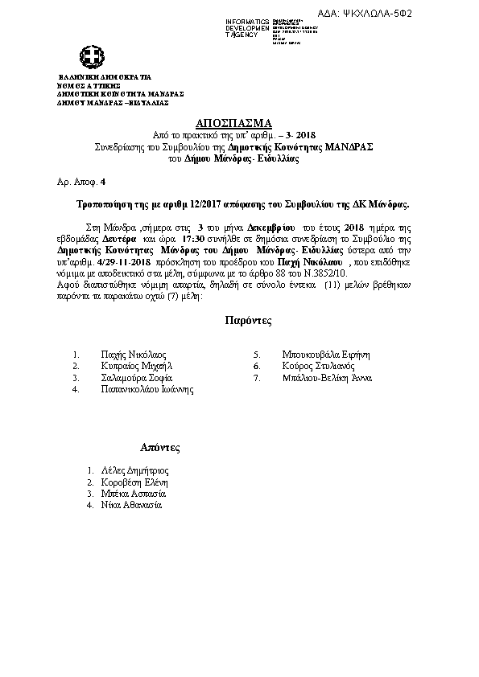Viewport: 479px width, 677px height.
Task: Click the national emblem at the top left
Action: click(x=90, y=57)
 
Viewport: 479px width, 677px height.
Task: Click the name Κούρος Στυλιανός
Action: click(x=318, y=366)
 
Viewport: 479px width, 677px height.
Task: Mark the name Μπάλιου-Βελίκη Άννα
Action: click(x=330, y=377)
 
